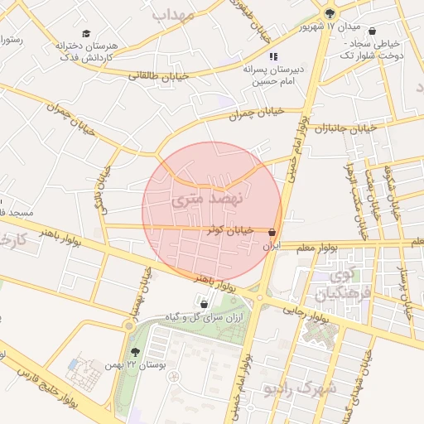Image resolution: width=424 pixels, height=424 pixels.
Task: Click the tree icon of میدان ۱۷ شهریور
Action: (330, 12)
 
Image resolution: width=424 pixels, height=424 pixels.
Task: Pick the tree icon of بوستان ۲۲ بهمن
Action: (136, 353)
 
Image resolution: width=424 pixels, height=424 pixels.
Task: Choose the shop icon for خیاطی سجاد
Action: (371, 31)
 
